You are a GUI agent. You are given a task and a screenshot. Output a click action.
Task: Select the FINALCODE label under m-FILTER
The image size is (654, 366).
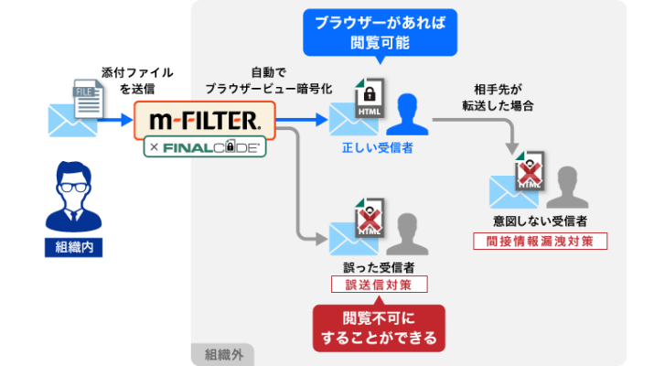click(x=206, y=145)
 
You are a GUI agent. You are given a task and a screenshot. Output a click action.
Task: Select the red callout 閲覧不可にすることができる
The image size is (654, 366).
click(x=379, y=327)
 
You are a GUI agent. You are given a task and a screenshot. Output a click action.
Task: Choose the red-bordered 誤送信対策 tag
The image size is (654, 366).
click(x=379, y=285)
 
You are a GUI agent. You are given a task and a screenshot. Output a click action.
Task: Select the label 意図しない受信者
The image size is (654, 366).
click(x=539, y=221)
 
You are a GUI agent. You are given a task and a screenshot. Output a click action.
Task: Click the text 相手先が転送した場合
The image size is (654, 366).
click(x=497, y=97)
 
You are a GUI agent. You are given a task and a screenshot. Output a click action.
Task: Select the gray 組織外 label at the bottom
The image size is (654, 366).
click(x=221, y=353)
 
